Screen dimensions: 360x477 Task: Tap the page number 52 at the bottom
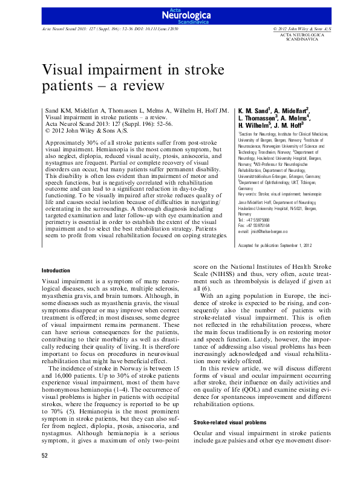point(45,455)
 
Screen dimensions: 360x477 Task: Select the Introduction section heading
point(57,269)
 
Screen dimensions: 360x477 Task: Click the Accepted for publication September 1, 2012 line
point(276,245)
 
